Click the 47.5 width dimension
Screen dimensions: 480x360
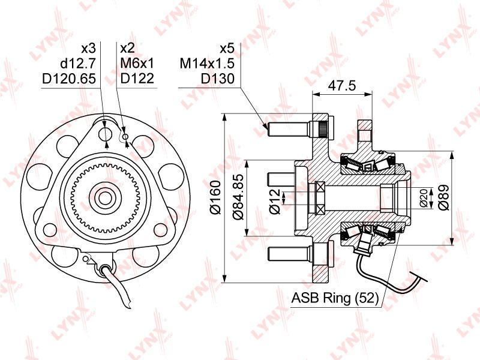click(341, 85)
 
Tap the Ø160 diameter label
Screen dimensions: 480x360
click(215, 197)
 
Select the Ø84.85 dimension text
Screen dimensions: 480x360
click(238, 197)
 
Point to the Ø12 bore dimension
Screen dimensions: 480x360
click(275, 201)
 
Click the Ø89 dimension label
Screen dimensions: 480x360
click(443, 197)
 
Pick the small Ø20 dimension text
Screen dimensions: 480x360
click(424, 198)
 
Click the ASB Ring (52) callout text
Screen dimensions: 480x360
click(335, 298)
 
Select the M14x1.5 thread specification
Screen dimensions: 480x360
click(207, 64)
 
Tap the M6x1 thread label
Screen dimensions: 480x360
click(137, 64)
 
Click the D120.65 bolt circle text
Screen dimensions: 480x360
click(69, 79)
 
